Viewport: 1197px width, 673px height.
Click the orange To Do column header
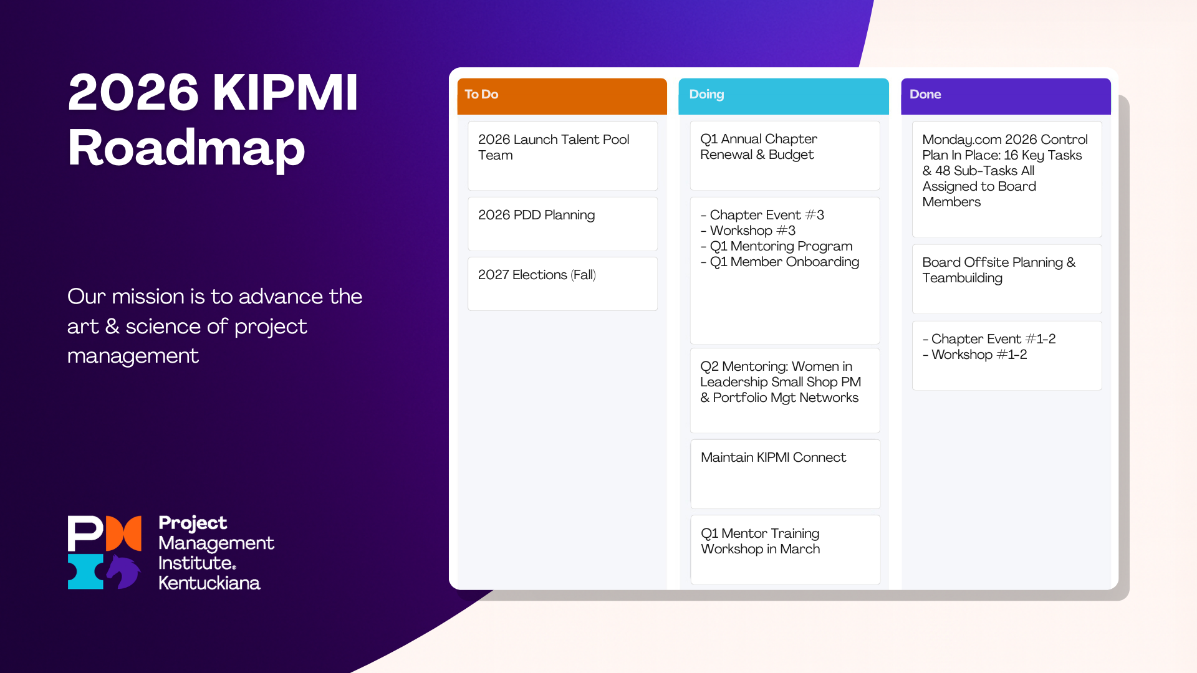(x=562, y=95)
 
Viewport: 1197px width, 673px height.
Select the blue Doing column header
(x=783, y=95)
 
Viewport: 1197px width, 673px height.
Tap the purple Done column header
(x=1005, y=95)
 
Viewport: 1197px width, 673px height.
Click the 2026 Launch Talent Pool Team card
(x=562, y=155)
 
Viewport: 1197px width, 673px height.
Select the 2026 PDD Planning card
(x=562, y=223)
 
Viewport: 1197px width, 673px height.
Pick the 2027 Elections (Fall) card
(x=562, y=283)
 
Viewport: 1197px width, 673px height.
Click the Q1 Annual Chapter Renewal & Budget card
(x=784, y=155)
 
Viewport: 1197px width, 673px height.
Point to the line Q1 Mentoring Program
(x=781, y=246)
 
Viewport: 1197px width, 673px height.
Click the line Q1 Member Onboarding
(x=784, y=262)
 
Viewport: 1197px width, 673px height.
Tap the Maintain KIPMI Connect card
(x=785, y=473)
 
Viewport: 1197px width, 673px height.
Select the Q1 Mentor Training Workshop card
(x=785, y=548)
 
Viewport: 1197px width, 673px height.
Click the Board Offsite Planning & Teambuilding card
(x=1006, y=278)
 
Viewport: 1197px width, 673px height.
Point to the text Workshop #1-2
(x=979, y=355)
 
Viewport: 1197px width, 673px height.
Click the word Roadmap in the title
(x=186, y=148)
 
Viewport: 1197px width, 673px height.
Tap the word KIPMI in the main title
(x=286, y=93)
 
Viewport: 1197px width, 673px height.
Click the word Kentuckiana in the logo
(x=209, y=583)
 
